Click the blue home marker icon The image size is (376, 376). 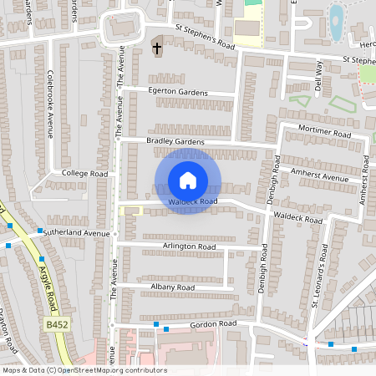[188, 180]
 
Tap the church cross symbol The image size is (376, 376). [157, 48]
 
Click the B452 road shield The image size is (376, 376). [58, 324]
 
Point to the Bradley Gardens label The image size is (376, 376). [175, 142]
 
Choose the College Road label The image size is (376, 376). [85, 173]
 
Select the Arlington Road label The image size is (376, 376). [189, 246]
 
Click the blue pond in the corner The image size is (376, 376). [336, 23]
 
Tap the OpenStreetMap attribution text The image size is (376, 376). [84, 370]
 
